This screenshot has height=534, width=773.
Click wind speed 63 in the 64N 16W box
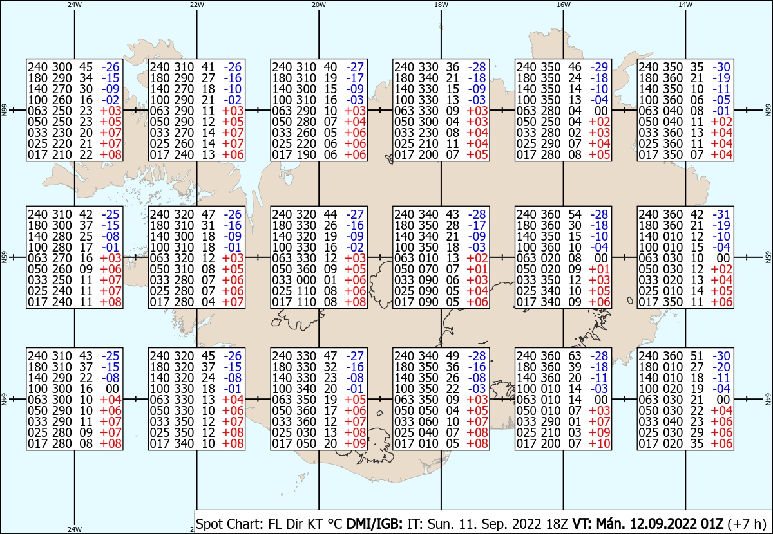(575, 356)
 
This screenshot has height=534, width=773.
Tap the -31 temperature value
(721, 214)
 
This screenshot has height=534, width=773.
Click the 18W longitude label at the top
(441, 5)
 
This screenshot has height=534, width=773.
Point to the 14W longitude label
(685, 5)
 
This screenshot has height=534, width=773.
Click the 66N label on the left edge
(4, 110)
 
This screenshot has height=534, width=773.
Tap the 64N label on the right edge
(768, 399)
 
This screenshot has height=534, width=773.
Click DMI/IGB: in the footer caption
(374, 524)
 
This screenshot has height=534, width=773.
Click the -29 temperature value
(599, 67)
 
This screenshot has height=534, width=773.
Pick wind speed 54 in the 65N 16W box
(575, 214)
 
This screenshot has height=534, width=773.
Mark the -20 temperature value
(721, 367)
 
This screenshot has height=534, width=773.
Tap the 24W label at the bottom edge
(75, 529)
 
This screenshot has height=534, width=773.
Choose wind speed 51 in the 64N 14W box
(697, 356)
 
